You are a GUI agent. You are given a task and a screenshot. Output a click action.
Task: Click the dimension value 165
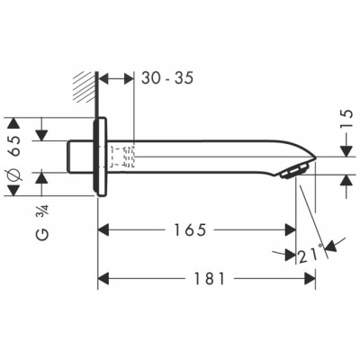(x=194, y=230)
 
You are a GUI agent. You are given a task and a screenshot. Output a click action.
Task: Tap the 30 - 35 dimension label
(x=168, y=78)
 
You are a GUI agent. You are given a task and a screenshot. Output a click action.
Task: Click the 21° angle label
(x=310, y=256)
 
